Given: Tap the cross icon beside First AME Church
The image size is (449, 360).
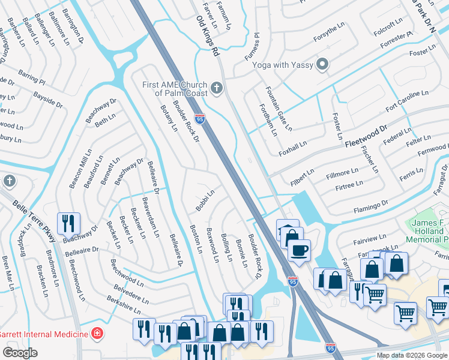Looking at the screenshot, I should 217,89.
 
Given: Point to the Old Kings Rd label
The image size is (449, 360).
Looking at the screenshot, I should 208,37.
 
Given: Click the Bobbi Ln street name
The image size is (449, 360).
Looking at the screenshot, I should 205,201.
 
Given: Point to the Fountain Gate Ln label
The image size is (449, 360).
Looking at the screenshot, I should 279,109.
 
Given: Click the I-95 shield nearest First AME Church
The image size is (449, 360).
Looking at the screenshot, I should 199,119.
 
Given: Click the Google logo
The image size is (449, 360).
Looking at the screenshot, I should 20,352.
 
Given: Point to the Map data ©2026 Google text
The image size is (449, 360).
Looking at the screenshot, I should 412,355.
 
